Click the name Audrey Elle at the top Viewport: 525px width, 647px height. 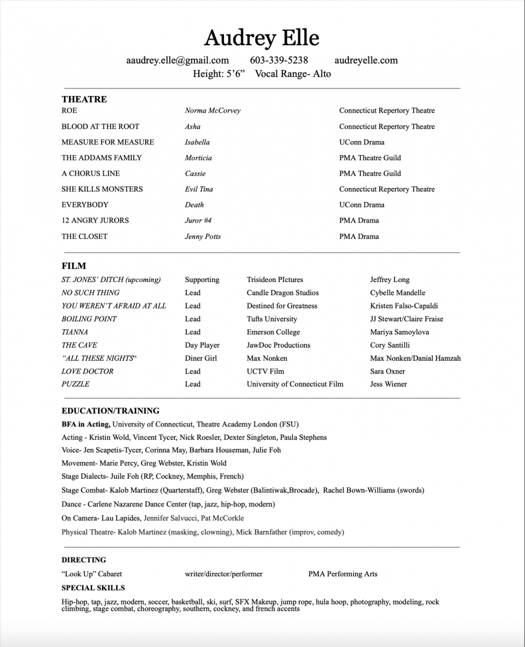(x=262, y=38)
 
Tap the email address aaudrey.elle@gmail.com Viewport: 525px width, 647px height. (x=178, y=60)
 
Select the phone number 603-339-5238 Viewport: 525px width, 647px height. (x=279, y=60)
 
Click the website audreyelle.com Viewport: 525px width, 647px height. (x=366, y=60)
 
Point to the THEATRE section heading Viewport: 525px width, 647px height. (x=84, y=99)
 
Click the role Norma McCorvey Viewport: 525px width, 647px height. (x=213, y=111)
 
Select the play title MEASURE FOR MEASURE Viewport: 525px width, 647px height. (x=108, y=142)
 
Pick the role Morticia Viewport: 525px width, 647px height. (x=198, y=158)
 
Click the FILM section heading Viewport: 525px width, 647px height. (x=74, y=266)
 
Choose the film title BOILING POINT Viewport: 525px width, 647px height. (x=89, y=319)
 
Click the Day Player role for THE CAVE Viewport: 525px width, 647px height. (x=202, y=345)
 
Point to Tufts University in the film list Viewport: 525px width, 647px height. (x=272, y=319)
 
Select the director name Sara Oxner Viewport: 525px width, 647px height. (x=388, y=371)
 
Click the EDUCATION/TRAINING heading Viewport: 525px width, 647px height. (x=111, y=411)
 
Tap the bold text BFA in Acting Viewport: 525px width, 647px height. (x=86, y=424)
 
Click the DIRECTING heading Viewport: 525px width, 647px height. (x=84, y=560)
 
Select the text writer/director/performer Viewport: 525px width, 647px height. (x=224, y=574)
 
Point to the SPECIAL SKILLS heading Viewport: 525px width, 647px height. (x=93, y=588)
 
